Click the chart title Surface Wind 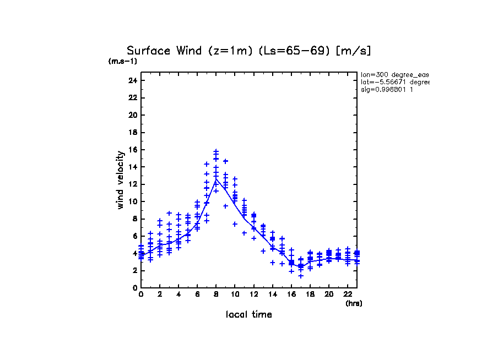248,51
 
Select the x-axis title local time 248,314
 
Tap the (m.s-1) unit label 123,61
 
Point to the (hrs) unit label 354,303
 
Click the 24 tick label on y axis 132,80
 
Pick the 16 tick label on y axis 132,150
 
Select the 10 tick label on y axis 132,201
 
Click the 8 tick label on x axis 216,294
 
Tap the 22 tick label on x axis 347,294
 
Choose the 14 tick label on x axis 272,294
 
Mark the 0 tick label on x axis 141,294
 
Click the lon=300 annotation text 394,74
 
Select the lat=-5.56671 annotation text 394,82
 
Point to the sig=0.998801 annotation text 387,90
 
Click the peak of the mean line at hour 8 216,179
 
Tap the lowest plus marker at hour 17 301,276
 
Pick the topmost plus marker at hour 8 216,151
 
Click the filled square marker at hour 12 253,216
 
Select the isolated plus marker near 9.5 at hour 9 225,206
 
